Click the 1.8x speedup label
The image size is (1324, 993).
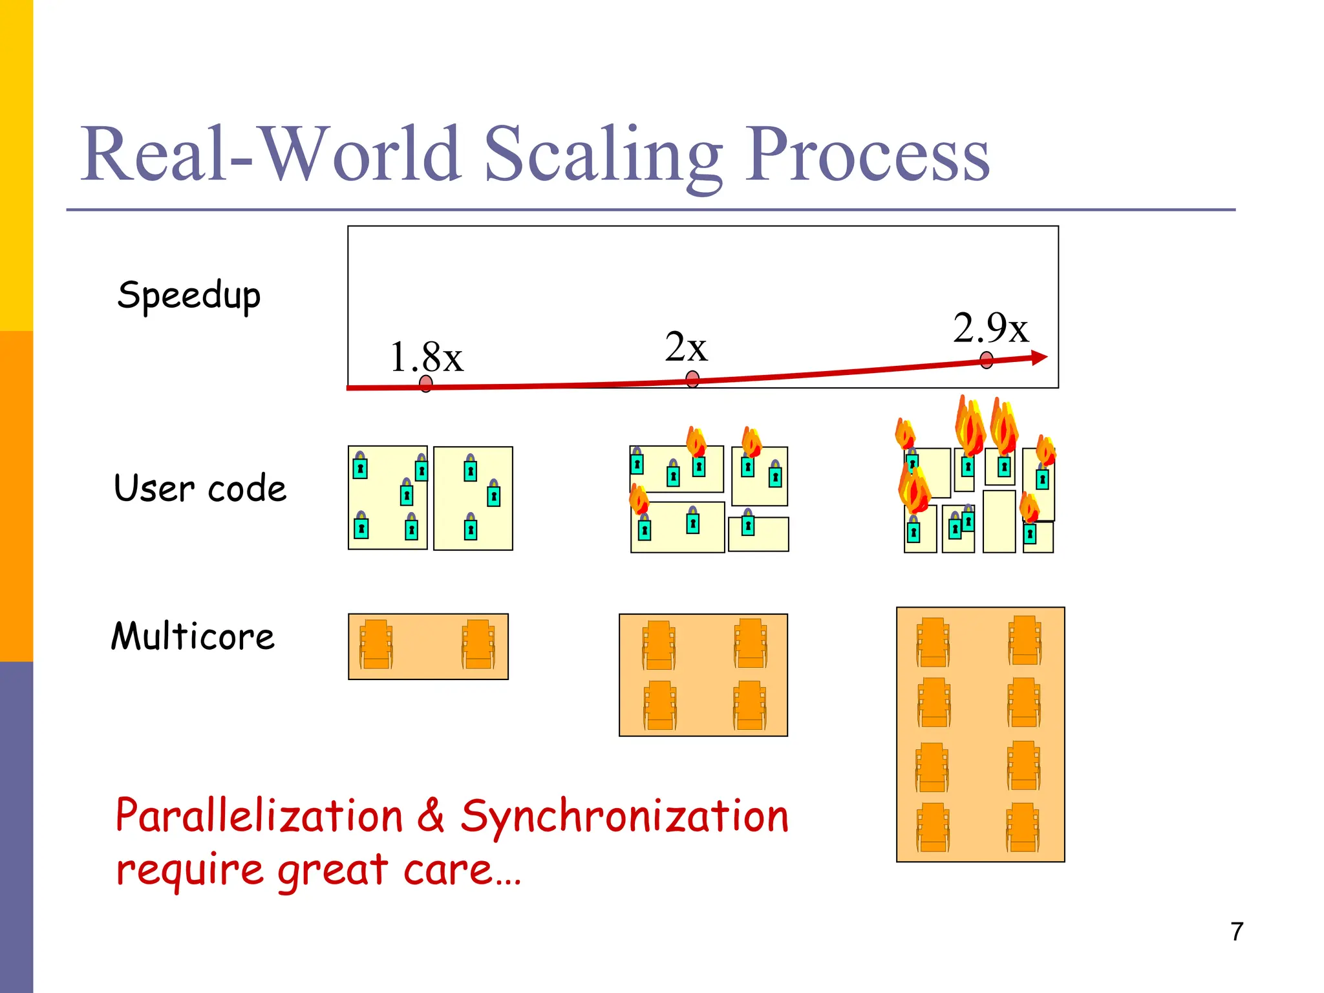pos(427,357)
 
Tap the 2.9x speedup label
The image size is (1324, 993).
pos(990,328)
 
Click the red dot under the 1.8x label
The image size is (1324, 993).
pos(425,384)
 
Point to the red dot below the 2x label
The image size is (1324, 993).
pos(692,379)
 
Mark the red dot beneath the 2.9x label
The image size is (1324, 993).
pos(987,360)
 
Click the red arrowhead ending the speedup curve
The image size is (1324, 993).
pos(1039,357)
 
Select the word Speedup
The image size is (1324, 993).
pos(189,296)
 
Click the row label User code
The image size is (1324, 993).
pos(200,488)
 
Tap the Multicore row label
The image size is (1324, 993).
pos(193,636)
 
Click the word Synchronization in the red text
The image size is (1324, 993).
pos(625,816)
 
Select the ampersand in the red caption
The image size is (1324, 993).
pos(431,816)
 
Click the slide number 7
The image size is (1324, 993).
pos(1237,932)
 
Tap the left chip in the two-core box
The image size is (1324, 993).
pos(376,645)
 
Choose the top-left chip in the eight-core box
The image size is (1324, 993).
pos(933,642)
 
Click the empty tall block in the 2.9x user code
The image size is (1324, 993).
pos(999,521)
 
